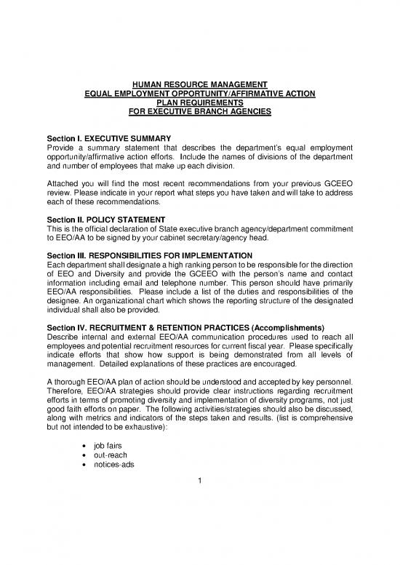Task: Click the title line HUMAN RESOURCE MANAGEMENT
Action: coord(200,84)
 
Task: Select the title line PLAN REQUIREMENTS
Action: coord(200,103)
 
